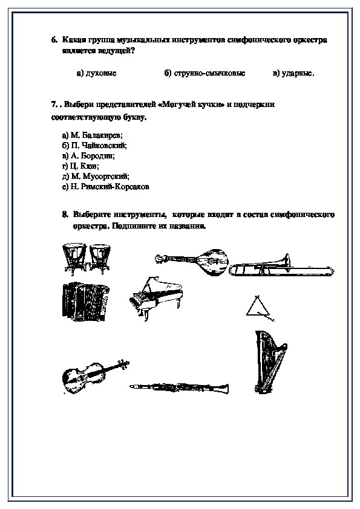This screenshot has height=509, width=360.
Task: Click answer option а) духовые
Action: click(x=96, y=73)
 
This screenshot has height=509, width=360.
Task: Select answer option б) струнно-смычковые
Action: click(x=205, y=73)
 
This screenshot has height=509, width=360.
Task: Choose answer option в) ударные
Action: click(x=293, y=73)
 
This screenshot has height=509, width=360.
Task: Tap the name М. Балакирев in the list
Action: click(x=93, y=135)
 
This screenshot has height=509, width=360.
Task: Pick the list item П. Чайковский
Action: click(x=94, y=146)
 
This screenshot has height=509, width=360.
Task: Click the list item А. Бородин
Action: click(x=88, y=156)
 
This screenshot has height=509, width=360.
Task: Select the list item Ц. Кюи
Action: click(x=80, y=166)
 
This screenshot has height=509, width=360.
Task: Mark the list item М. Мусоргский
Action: click(x=96, y=177)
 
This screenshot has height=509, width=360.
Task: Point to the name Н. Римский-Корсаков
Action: click(x=106, y=187)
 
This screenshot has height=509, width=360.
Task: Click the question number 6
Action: click(x=54, y=40)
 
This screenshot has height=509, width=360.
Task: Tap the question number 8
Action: click(x=65, y=215)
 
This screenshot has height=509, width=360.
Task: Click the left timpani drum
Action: click(x=74, y=258)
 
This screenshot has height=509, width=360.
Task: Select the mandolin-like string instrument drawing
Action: click(x=192, y=262)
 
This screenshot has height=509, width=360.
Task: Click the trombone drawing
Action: click(x=281, y=267)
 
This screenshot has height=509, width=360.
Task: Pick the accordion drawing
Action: click(x=85, y=302)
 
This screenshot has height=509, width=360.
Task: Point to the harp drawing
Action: click(x=269, y=362)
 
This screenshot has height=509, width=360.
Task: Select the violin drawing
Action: click(x=95, y=377)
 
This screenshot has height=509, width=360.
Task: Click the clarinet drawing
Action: click(x=179, y=387)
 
